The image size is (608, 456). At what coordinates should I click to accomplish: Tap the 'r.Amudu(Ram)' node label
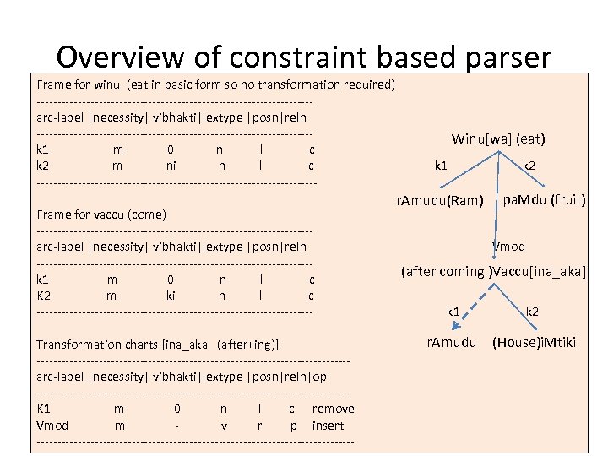point(439,201)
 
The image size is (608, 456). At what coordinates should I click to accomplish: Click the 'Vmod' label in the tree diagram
point(509,247)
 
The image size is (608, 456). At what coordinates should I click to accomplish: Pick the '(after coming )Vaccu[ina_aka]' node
point(494,271)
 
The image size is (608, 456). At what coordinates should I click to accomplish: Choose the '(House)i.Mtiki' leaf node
point(534,343)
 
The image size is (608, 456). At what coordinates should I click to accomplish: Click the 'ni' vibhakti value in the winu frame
point(171,166)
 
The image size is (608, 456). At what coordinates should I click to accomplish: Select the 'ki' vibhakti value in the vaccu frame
point(171,296)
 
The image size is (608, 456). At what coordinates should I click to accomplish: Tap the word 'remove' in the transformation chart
point(333,409)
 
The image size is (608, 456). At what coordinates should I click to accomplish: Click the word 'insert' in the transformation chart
point(328,426)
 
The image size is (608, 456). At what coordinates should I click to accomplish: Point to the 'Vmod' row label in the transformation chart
point(52,426)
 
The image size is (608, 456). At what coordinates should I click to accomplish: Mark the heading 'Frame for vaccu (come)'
point(101,214)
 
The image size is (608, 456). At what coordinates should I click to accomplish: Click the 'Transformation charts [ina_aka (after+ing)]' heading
point(158,345)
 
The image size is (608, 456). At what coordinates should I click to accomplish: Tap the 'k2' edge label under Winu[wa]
point(529,166)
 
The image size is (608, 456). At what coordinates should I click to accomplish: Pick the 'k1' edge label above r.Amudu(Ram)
point(441,166)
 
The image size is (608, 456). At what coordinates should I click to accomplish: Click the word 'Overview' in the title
point(118,57)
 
